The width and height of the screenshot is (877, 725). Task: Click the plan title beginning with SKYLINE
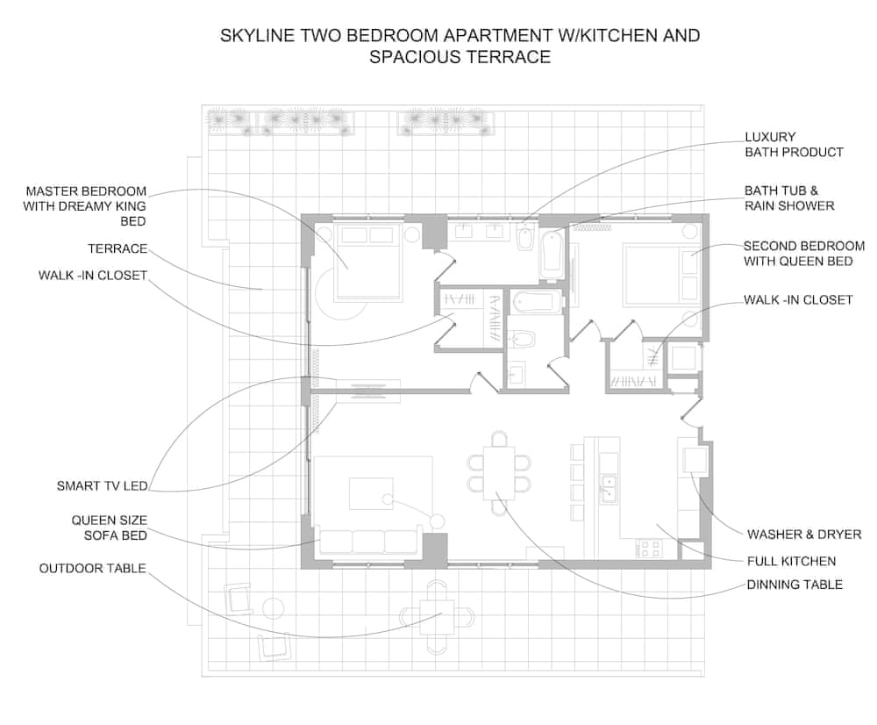click(x=460, y=46)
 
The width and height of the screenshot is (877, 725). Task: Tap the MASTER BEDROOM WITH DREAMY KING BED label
click(x=85, y=206)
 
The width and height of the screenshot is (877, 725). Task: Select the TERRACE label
click(x=118, y=248)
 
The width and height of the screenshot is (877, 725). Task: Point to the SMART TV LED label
click(x=103, y=485)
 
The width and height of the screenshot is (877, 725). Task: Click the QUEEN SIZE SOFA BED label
click(x=109, y=528)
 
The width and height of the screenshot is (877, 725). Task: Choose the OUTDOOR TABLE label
click(x=92, y=568)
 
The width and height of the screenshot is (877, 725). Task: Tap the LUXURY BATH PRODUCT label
click(x=795, y=145)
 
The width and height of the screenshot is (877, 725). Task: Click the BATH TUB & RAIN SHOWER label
click(x=789, y=198)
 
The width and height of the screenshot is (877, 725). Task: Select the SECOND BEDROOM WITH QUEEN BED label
click(x=803, y=254)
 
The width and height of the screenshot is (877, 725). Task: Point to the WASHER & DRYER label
click(x=804, y=534)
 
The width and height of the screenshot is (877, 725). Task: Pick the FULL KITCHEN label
click(x=791, y=561)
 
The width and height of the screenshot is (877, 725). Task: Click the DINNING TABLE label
click(x=795, y=585)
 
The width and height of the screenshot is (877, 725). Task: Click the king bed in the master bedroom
click(x=369, y=261)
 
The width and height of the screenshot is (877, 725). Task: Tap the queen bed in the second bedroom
click(x=661, y=275)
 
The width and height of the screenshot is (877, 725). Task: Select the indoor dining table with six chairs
click(x=499, y=472)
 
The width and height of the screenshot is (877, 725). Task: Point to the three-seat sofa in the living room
click(x=368, y=541)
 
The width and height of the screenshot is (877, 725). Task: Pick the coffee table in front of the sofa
click(x=371, y=493)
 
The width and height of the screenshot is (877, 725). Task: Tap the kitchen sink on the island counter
click(x=608, y=483)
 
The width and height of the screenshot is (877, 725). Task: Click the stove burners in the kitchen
click(x=649, y=548)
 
